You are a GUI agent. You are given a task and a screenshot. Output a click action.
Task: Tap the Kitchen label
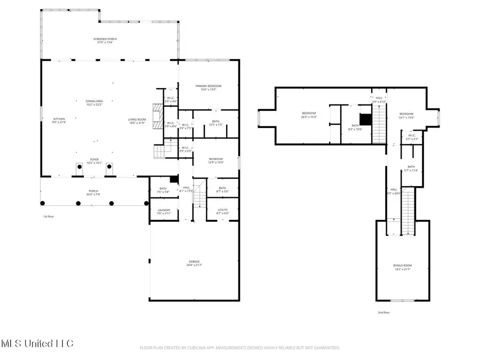coord(59,120)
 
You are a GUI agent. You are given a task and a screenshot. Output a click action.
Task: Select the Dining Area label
coord(94,102)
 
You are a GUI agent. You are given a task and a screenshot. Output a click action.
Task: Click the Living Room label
coord(137,120)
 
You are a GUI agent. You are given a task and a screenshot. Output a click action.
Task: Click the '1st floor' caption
coord(49,217)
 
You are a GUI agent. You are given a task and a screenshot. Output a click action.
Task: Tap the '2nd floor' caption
coord(383,313)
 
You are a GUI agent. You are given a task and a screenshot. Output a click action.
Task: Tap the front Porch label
coord(94,192)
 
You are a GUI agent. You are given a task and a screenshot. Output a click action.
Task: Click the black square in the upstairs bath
coord(365,118)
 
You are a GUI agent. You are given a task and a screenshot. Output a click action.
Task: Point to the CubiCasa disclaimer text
coord(239,348)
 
